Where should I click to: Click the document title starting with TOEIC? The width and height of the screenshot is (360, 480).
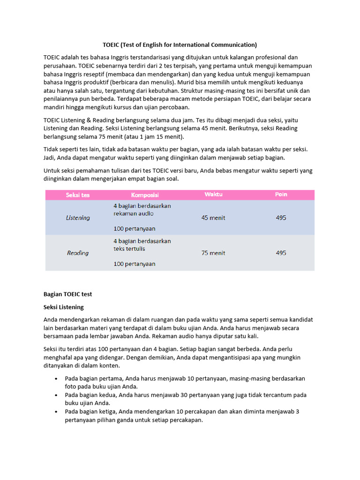(180, 45)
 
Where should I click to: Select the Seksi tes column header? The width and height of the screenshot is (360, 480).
(78, 195)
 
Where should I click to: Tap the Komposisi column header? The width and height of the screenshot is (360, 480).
(145, 195)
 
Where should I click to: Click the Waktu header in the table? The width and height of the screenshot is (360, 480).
(213, 194)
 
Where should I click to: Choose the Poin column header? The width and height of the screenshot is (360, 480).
(281, 194)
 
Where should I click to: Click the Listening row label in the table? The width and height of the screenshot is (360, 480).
(78, 218)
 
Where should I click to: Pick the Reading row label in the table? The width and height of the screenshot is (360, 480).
(78, 253)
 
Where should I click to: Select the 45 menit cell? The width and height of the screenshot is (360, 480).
(213, 218)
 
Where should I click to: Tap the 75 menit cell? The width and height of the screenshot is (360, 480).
(213, 253)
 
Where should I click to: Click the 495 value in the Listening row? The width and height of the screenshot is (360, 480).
(281, 218)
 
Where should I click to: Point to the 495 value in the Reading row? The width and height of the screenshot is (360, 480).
(281, 253)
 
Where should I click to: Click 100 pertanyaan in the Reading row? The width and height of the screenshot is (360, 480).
(135, 264)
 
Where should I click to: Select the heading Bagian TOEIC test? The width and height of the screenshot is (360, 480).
(67, 294)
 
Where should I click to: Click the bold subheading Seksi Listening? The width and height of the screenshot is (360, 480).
(64, 307)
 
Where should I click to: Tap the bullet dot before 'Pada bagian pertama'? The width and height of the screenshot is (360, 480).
(56, 378)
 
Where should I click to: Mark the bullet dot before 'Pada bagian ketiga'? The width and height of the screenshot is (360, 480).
(56, 412)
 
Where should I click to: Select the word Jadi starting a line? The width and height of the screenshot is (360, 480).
(49, 158)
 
